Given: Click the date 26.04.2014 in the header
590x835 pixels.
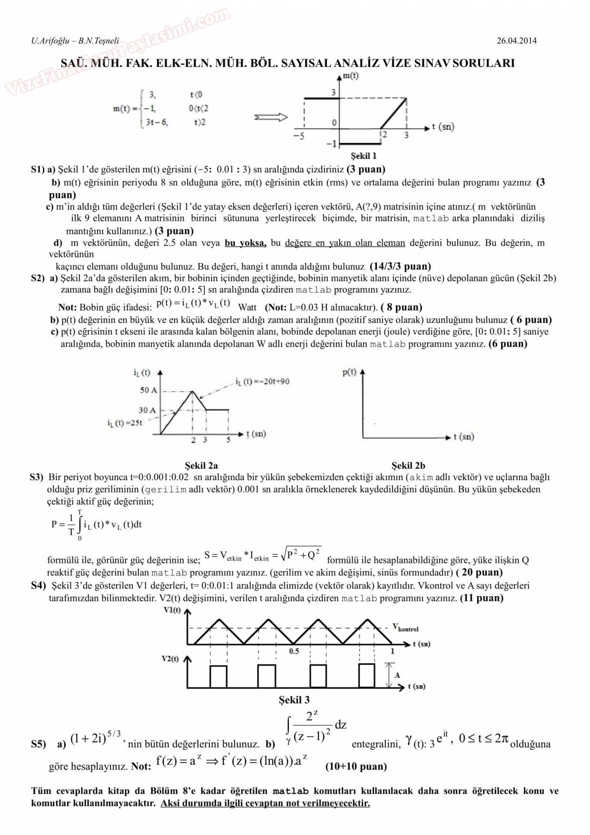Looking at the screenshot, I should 516,41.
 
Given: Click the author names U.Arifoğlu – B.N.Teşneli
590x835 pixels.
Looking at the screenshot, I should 75,41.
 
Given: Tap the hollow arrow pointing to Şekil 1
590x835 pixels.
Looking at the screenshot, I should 271,117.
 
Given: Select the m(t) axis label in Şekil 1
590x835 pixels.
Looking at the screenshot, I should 350,76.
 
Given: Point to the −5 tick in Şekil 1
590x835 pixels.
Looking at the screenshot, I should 298,137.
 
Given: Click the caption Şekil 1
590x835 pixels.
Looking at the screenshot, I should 364,156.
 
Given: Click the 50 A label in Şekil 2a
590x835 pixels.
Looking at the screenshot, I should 148,390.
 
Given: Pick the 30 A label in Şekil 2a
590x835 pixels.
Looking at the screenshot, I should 147,410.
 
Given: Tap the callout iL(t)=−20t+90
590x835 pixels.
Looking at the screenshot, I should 262,382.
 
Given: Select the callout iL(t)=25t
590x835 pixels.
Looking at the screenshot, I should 125,423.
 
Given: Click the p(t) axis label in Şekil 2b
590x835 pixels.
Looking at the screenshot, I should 349,373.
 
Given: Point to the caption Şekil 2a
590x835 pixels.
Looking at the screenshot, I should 201,465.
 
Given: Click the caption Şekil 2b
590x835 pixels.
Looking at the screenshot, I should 408,465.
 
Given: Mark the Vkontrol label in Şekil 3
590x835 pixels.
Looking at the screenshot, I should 405,628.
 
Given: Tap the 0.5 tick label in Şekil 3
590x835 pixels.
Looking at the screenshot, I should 294,651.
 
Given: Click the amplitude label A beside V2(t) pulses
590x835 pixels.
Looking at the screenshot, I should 397,675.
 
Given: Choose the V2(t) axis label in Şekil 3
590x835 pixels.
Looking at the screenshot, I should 170,659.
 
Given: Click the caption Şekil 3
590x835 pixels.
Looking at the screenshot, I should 294,700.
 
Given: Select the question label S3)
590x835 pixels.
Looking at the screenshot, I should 37,477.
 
